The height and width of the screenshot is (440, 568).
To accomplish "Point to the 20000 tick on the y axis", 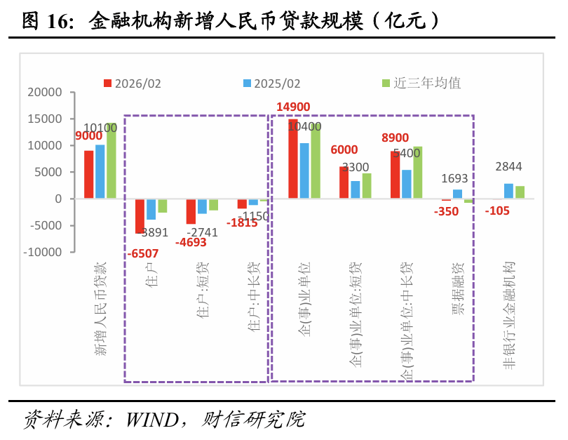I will tap(44, 93).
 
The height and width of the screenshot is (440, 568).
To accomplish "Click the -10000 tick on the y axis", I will tap(41, 252).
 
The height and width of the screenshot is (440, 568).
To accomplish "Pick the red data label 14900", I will tap(293, 107).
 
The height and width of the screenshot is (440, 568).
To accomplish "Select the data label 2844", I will tap(508, 167).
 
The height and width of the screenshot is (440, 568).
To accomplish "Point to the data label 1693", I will tap(454, 179).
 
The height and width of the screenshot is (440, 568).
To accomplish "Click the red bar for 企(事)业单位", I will tap(293, 159).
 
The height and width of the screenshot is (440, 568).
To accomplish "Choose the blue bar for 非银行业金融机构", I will tap(508, 192).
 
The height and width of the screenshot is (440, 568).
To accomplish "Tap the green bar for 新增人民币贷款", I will tap(111, 161).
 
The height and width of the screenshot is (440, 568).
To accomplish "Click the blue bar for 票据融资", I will tap(457, 194).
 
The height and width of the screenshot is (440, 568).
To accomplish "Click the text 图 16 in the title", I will tap(47, 21).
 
